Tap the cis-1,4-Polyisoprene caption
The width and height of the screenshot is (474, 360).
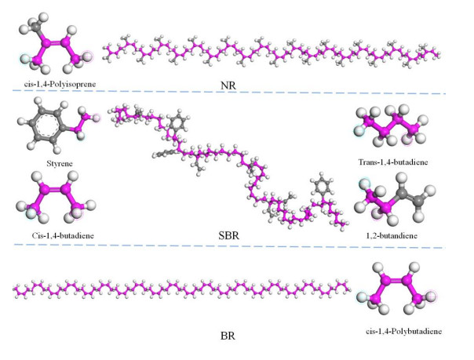pos(55,82)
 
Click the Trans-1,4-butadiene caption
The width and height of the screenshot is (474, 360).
pos(392,164)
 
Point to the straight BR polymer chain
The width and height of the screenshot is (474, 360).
pos(180,289)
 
